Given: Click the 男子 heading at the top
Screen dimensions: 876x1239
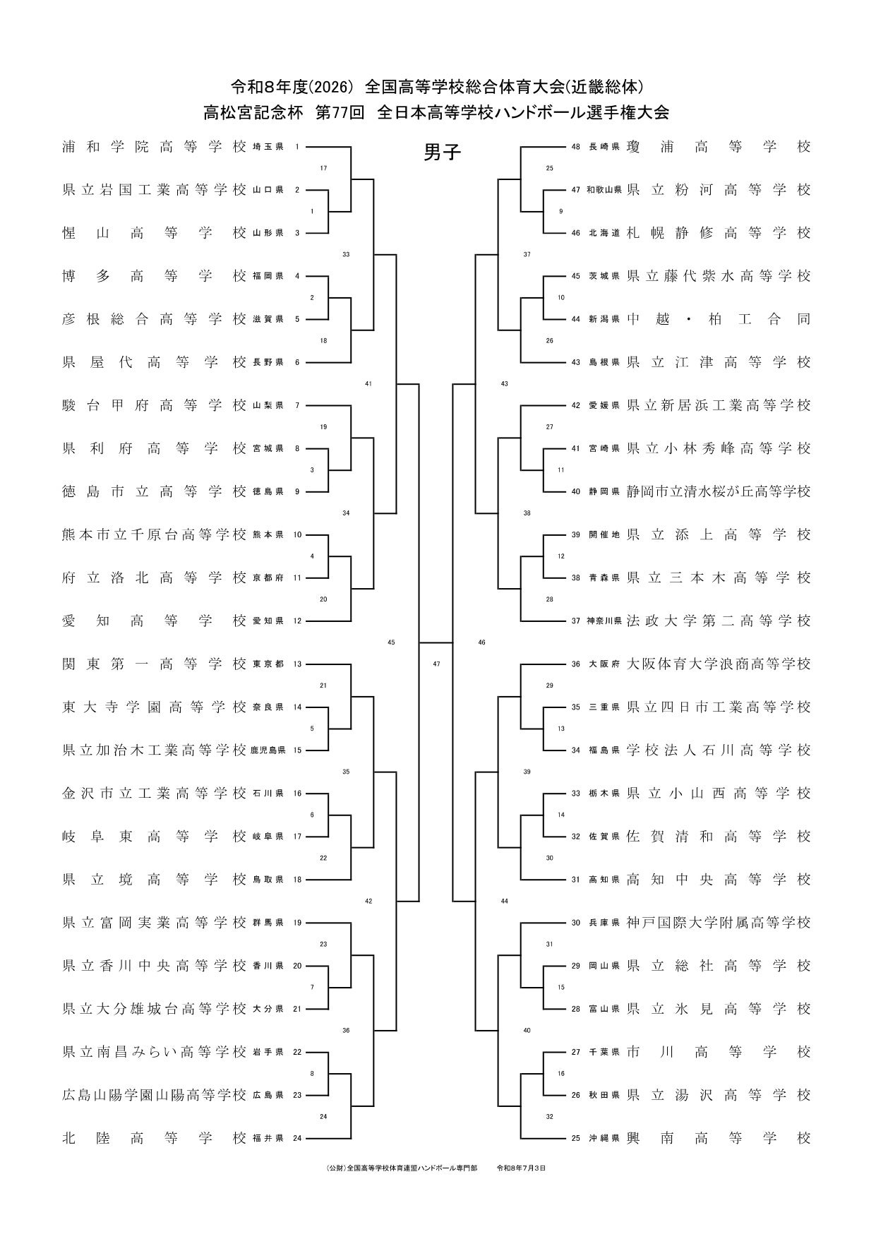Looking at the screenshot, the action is [442, 152].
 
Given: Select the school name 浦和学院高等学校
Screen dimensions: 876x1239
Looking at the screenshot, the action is [155, 147].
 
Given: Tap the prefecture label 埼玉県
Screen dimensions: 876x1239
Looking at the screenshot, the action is [268, 148].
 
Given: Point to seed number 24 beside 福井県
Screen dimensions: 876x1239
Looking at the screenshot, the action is [297, 1138].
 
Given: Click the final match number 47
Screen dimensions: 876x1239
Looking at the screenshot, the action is [436, 664].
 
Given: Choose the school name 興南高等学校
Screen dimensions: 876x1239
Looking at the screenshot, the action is [719, 1137].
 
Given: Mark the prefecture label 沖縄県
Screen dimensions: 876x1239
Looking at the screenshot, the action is [604, 1138].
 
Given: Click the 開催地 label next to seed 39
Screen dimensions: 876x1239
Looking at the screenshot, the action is [604, 535].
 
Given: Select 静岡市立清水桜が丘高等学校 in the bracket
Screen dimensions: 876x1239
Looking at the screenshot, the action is [719, 491].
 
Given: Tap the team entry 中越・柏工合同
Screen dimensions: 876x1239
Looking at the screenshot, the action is [719, 319].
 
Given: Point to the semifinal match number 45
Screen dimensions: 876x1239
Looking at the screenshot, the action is [391, 642].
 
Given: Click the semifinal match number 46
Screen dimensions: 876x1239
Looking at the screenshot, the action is [482, 642].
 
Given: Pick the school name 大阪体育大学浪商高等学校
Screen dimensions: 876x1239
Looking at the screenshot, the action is [719, 664].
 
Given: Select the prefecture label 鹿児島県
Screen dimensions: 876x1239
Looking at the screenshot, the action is [268, 750].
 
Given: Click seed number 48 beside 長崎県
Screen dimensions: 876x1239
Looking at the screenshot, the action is [575, 148].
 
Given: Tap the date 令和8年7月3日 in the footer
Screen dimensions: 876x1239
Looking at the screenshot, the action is [522, 1168].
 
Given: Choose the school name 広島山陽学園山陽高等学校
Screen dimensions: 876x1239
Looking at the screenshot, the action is [155, 1095].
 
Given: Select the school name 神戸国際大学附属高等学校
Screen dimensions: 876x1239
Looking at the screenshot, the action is [719, 923].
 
